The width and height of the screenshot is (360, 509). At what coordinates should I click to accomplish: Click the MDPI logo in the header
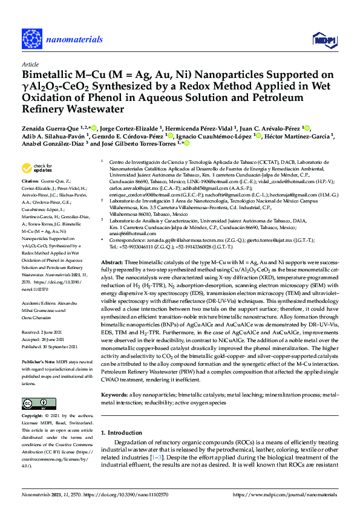tap(324, 41)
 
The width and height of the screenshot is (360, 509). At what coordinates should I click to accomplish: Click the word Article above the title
tap(30, 63)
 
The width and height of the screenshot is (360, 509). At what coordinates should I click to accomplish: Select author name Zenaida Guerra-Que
tap(55, 128)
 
